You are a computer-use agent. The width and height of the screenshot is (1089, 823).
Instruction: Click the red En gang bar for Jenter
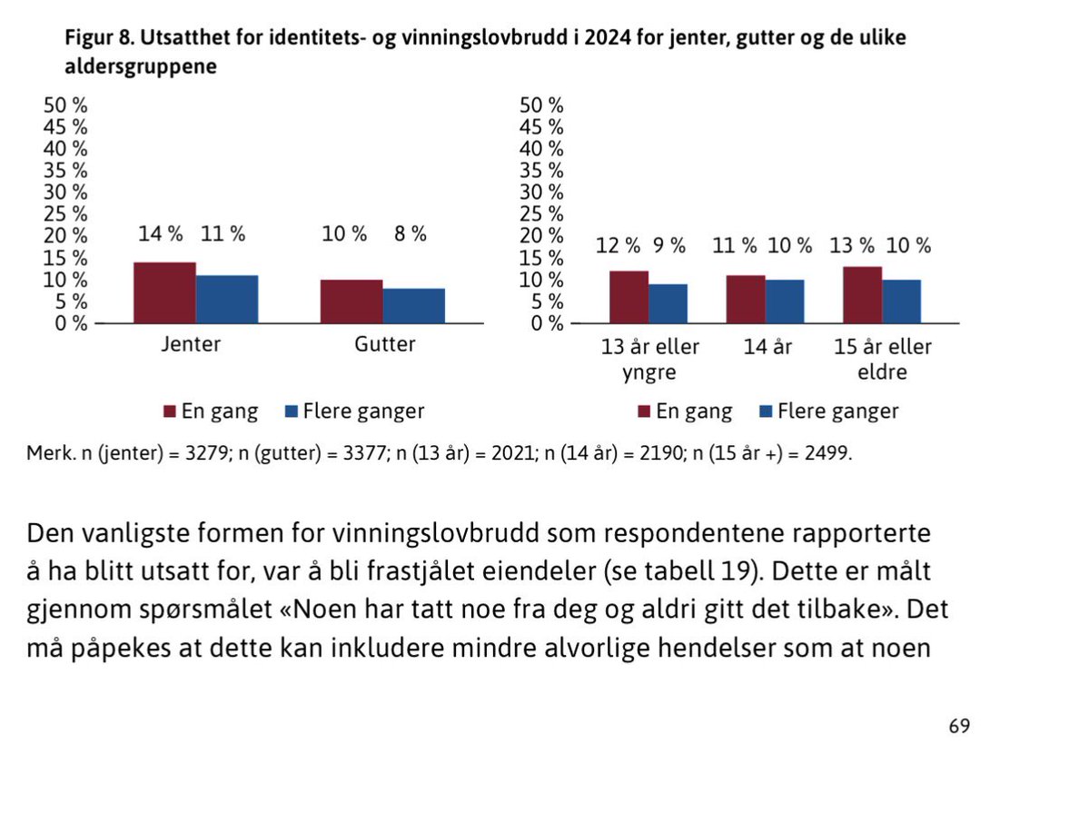(x=164, y=293)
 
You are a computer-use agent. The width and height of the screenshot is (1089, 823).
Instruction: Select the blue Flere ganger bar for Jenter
(x=227, y=299)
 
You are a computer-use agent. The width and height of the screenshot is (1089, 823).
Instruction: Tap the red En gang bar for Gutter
(x=351, y=301)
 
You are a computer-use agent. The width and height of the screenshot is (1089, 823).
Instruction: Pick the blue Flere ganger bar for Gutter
(x=413, y=305)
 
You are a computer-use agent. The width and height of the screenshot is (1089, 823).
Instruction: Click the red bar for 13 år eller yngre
(x=629, y=296)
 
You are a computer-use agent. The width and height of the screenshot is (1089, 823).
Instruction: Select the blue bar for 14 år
(x=785, y=301)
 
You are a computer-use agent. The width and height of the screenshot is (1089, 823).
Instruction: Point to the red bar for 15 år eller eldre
(x=862, y=294)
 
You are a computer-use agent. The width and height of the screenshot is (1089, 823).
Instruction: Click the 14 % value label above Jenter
(x=161, y=233)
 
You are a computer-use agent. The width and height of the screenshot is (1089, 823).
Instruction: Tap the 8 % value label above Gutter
(x=411, y=233)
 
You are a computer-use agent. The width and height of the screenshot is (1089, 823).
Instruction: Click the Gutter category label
(x=384, y=345)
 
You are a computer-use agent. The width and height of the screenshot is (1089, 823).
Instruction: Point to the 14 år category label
(x=767, y=347)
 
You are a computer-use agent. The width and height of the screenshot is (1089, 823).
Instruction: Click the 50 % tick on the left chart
(x=66, y=104)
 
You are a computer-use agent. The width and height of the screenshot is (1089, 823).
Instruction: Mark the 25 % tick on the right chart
(x=541, y=214)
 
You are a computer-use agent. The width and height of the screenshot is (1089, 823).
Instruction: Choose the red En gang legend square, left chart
(x=170, y=411)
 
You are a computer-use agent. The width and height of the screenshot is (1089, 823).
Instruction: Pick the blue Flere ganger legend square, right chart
(x=765, y=411)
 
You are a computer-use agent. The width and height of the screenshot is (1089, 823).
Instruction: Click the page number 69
(x=959, y=726)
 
